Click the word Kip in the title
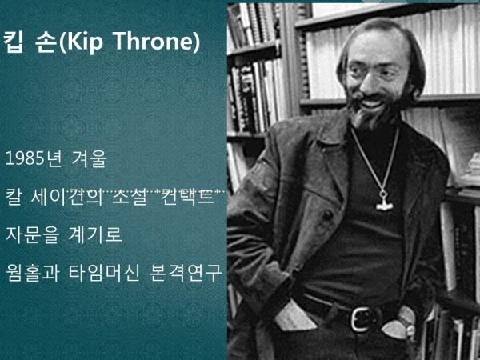click(81, 42)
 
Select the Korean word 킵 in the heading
click(13, 42)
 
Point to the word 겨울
click(89, 159)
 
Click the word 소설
click(125, 197)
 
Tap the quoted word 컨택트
click(185, 197)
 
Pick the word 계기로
click(94, 234)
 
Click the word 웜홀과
click(32, 273)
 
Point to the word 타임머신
click(103, 273)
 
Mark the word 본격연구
click(185, 273)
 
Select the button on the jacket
click(327, 214)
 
